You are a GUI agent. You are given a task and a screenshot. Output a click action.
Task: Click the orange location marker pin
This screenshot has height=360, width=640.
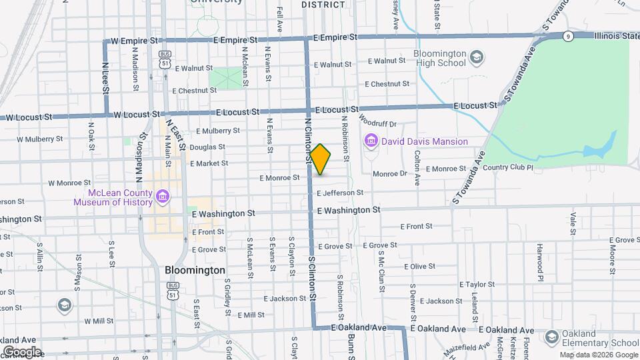coord(320,159)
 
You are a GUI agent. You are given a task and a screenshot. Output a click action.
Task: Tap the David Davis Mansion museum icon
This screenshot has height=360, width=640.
coord(371,141)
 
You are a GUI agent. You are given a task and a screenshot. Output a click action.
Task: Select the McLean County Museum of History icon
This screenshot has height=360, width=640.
coord(163,196)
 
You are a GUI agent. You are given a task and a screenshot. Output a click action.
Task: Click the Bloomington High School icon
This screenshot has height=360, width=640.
coord(477,58)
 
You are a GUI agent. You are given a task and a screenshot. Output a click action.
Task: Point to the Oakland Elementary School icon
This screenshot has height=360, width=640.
coord(551,337)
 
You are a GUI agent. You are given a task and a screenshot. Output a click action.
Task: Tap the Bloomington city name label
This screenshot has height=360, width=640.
coord(195,271)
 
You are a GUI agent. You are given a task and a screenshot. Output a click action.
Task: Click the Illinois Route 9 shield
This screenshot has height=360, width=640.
coord(567,35)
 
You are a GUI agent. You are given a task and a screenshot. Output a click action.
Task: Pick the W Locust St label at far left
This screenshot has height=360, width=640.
coord(29,117)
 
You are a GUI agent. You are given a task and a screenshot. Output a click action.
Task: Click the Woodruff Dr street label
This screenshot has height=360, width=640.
coord(377,123)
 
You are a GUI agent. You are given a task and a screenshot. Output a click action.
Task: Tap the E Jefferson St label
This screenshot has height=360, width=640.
coord(340,193)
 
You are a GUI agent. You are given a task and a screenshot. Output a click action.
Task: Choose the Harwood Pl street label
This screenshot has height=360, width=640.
coord(541,254)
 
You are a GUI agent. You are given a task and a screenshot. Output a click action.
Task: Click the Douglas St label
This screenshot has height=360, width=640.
coord(207,147)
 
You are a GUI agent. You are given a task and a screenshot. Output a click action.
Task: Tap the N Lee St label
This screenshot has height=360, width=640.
coord(105,79)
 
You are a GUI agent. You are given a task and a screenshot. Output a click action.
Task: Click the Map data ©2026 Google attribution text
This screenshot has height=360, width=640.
coord(598,355)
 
